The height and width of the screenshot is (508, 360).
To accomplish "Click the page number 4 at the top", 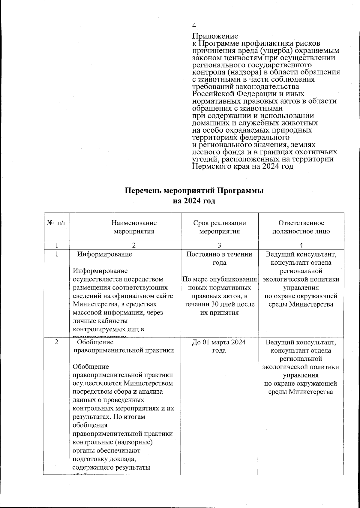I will click(194, 25).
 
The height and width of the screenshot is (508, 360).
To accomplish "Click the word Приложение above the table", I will click(215, 36).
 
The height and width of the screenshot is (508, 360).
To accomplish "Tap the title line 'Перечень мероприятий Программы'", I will click(194, 191).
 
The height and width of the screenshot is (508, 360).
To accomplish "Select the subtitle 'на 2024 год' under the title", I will click(194, 201).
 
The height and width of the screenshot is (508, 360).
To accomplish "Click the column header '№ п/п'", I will click(57, 223).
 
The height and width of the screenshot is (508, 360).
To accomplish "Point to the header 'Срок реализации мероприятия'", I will click(220, 227).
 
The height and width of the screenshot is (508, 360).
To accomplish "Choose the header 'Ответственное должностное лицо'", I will click(301, 227).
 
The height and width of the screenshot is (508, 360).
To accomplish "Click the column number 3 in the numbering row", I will click(220, 245).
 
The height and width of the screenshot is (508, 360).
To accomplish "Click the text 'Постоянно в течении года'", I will click(219, 258).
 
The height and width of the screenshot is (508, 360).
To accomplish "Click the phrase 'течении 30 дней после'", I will click(220, 304).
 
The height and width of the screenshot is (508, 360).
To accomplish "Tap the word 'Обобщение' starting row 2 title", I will click(95, 342).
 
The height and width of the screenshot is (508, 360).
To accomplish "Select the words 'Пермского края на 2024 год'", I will click(242, 167).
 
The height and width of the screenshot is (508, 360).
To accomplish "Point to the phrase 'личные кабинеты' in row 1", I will click(98, 321).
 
